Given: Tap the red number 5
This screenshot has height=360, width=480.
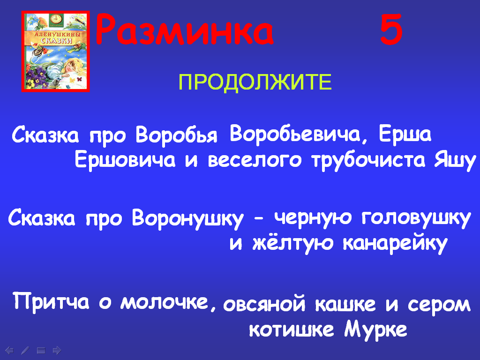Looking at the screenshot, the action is [x=391, y=30].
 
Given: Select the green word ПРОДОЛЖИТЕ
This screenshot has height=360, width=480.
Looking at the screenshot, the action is [x=255, y=82].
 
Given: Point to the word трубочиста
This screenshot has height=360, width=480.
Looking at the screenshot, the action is [x=368, y=160].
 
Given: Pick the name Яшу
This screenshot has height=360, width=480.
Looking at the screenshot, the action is [x=455, y=160].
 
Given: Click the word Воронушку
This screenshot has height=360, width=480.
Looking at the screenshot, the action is [x=187, y=218].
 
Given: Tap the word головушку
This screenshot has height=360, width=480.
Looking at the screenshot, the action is [x=416, y=218].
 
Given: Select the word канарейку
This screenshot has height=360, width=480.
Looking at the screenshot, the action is [x=395, y=243].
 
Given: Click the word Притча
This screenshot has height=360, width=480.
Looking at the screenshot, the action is [x=51, y=301].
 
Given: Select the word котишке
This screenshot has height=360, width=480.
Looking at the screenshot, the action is [x=291, y=330].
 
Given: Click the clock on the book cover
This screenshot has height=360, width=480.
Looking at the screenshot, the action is [x=56, y=19].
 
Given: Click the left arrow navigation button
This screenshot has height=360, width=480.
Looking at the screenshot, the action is [x=9, y=350].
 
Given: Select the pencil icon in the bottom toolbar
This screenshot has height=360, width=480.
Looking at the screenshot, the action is [x=25, y=350].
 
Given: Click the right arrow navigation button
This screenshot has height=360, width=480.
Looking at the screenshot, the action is [x=57, y=350].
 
